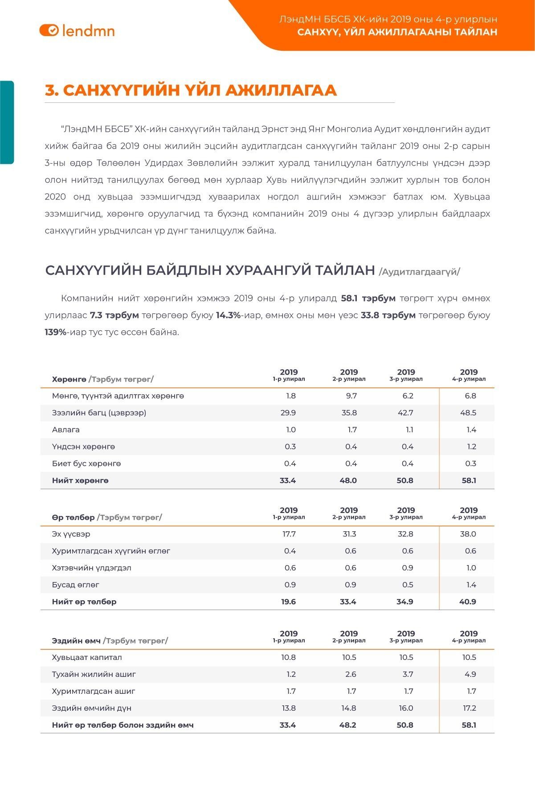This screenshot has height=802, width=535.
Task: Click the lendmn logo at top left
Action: tap(77, 30)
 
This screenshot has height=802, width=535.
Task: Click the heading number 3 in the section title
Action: tap(52, 90)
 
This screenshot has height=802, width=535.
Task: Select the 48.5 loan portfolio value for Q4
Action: tap(468, 413)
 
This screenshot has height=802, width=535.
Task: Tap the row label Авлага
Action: tap(66, 430)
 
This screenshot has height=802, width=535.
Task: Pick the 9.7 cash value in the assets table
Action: tap(351, 396)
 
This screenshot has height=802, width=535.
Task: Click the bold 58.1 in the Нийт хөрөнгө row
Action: tap(469, 480)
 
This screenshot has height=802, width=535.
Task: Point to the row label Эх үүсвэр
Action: tap(71, 534)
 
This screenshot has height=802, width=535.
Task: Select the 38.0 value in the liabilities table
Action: tap(468, 534)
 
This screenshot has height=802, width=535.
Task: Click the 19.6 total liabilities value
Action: tap(289, 602)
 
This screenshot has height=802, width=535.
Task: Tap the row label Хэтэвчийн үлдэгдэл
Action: tap(92, 568)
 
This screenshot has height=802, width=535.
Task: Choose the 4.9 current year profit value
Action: tap(470, 674)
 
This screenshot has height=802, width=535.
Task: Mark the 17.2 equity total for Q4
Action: tap(470, 708)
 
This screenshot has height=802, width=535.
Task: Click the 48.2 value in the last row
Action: tap(347, 725)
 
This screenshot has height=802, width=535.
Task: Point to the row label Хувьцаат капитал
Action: tap(87, 657)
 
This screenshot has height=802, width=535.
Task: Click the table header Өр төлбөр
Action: tap(73, 517)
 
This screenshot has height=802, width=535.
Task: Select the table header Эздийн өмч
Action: tap(76, 640)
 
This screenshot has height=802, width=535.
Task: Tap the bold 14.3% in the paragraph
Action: tap(228, 315)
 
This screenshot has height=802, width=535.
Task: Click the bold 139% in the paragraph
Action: tap(55, 332)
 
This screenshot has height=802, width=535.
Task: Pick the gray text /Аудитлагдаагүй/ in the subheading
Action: tap(419, 272)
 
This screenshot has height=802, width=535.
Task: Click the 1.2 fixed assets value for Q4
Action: tap(471, 447)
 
